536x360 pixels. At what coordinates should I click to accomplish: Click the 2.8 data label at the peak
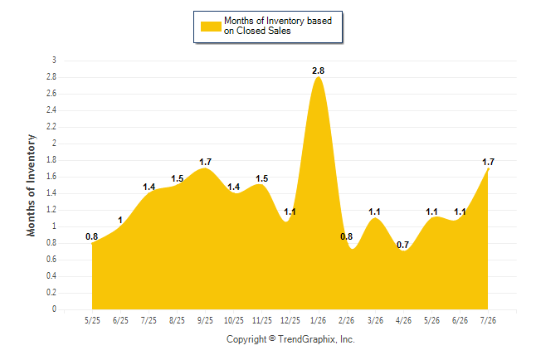pyautogui.click(x=318, y=71)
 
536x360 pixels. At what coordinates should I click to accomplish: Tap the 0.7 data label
pyautogui.click(x=402, y=245)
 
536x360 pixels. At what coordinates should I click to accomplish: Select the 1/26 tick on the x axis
pyautogui.click(x=318, y=320)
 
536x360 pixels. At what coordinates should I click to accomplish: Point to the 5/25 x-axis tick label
pyautogui.click(x=92, y=320)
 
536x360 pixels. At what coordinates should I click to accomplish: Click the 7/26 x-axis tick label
pyautogui.click(x=488, y=320)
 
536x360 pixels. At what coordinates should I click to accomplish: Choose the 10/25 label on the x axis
pyautogui.click(x=233, y=320)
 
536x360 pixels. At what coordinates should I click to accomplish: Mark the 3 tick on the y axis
pyautogui.click(x=54, y=61)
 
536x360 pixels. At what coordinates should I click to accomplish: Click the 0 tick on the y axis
pyautogui.click(x=54, y=309)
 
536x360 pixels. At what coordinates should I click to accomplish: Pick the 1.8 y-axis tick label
pyautogui.click(x=51, y=160)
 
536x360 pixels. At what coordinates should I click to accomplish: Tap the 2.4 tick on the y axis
pyautogui.click(x=51, y=110)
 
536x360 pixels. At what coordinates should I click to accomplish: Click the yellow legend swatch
pyautogui.click(x=211, y=27)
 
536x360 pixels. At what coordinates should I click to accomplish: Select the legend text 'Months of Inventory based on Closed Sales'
pyautogui.click(x=278, y=26)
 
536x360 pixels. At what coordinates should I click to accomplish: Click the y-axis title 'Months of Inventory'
pyautogui.click(x=31, y=185)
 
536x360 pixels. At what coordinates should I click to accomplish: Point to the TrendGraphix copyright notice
pyautogui.click(x=290, y=339)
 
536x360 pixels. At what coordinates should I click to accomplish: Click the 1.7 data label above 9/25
pyautogui.click(x=205, y=162)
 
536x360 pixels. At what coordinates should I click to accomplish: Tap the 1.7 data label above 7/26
pyautogui.click(x=488, y=162)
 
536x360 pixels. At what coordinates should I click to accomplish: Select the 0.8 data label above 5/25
pyautogui.click(x=91, y=236)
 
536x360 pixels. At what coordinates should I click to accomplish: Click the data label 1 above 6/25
pyautogui.click(x=120, y=220)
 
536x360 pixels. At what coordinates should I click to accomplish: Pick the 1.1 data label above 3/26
pyautogui.click(x=374, y=212)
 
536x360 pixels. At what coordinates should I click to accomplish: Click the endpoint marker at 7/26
pyautogui.click(x=488, y=169)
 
